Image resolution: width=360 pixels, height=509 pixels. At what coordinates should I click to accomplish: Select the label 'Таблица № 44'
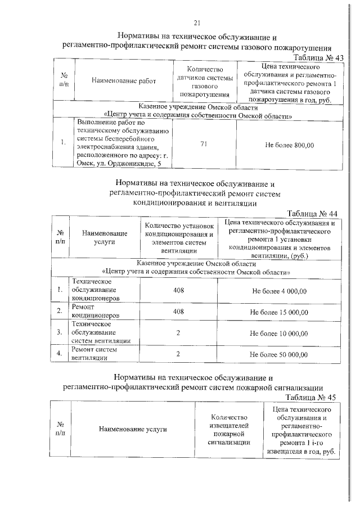[x=312, y=214]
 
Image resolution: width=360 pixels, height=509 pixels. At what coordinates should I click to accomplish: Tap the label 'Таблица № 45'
[x=310, y=397]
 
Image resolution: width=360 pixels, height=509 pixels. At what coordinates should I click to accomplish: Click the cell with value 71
[x=204, y=145]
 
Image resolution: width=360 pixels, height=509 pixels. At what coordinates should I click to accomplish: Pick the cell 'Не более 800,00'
[x=289, y=145]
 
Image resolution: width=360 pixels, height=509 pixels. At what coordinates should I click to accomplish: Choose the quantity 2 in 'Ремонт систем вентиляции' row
[x=178, y=354]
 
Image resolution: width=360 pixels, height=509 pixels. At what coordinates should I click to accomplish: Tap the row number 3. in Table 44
[x=59, y=332]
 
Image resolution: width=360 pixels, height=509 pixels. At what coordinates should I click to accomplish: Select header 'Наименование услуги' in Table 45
[x=133, y=429]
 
